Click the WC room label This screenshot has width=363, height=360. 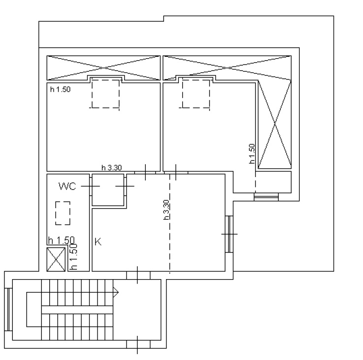(67, 186)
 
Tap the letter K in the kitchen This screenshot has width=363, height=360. (98, 242)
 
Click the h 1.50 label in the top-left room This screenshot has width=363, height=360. (60, 89)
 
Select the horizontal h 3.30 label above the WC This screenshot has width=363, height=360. (112, 167)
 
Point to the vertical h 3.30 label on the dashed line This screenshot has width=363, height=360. (166, 210)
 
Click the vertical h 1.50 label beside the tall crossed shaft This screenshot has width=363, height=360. (252, 154)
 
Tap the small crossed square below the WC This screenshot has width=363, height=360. (56, 259)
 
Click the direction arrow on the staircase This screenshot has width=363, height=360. (116, 292)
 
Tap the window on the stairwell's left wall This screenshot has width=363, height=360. (8, 309)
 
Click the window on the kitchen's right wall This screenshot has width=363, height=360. (229, 234)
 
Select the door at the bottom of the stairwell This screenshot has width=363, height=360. (137, 345)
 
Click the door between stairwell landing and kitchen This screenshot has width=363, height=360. (137, 275)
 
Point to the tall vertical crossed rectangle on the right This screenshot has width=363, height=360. (275, 124)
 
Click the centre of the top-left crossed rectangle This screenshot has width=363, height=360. (103, 68)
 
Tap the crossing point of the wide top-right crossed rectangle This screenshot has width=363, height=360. (227, 68)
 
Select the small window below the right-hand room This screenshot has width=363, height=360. (266, 197)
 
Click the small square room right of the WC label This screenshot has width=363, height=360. (108, 190)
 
